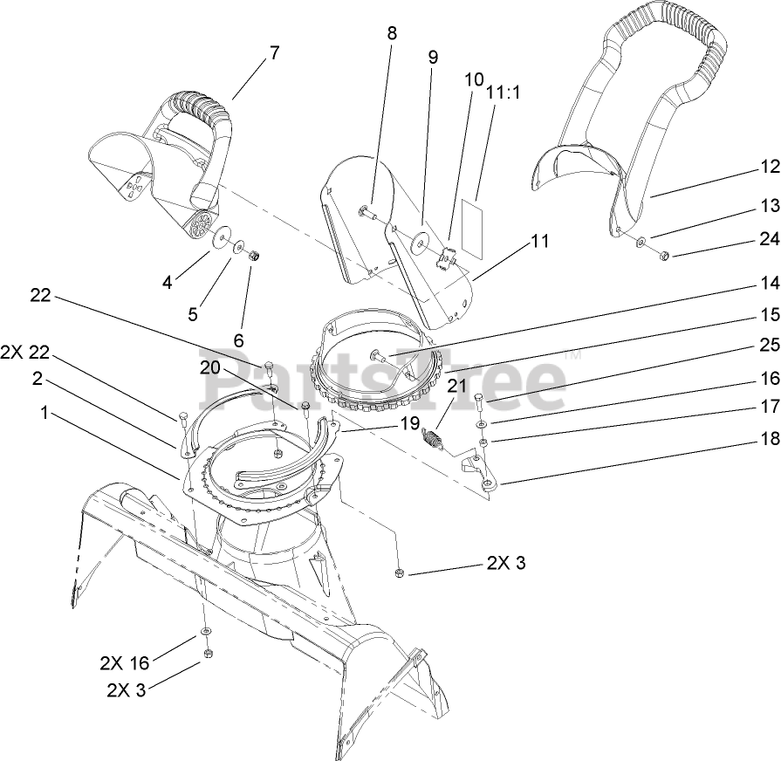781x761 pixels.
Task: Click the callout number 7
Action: click(275, 52)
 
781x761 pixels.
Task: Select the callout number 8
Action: click(391, 34)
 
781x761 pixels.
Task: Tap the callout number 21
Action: click(457, 385)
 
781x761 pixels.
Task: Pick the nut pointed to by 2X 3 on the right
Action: click(398, 572)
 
